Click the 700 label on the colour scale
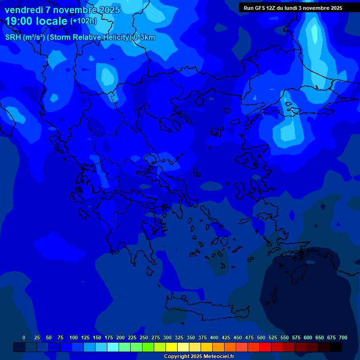pyautogui.click(x=343, y=337)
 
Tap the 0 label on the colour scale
pyautogui.click(x=24, y=337)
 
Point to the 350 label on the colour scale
pyautogui.click(x=191, y=337)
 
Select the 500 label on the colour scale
pyautogui.click(x=261, y=337)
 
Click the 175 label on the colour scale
pyautogui.click(x=109, y=337)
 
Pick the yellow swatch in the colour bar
pyautogui.click(x=172, y=347)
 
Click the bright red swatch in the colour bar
pyautogui.click(x=265, y=347)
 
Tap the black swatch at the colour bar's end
pyautogui.click(x=336, y=347)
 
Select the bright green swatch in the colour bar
pyautogui.click(x=148, y=347)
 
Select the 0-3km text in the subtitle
pyautogui.click(x=144, y=37)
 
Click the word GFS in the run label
pyautogui.click(x=260, y=8)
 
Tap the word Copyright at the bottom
pyautogui.click(x=177, y=357)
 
